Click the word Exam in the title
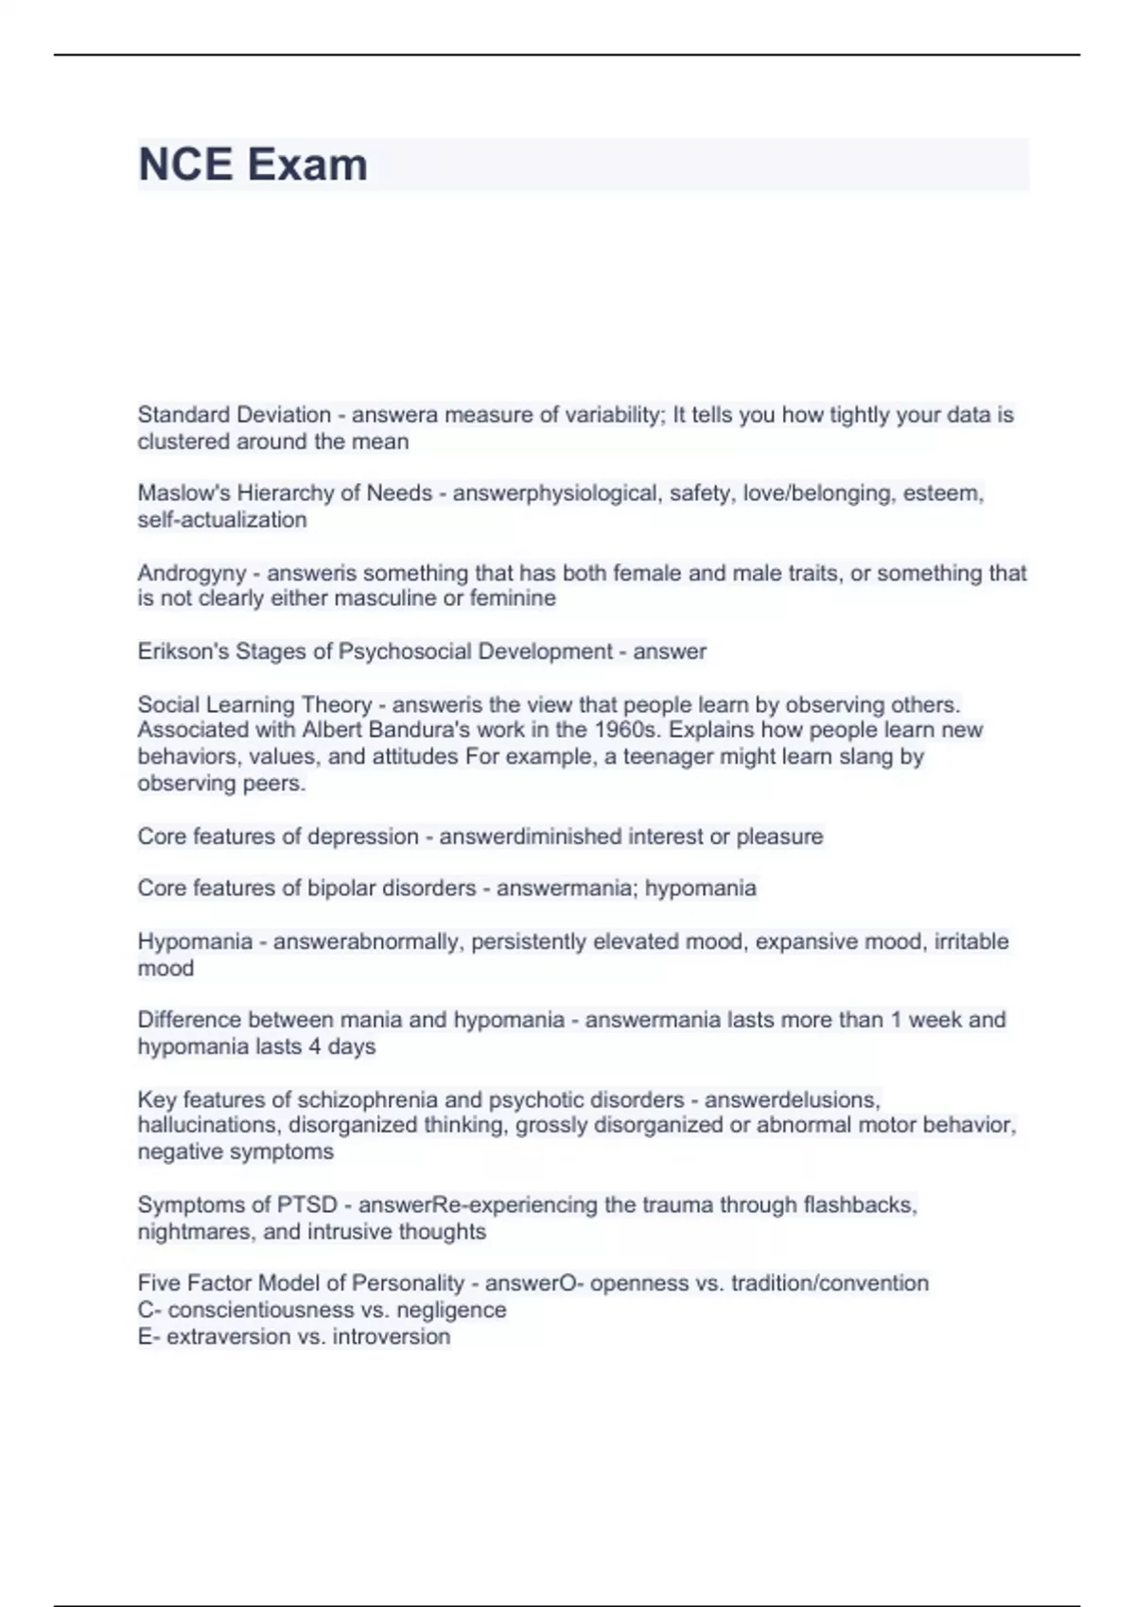tap(307, 164)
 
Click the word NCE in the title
tap(185, 164)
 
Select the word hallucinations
tap(207, 1125)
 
